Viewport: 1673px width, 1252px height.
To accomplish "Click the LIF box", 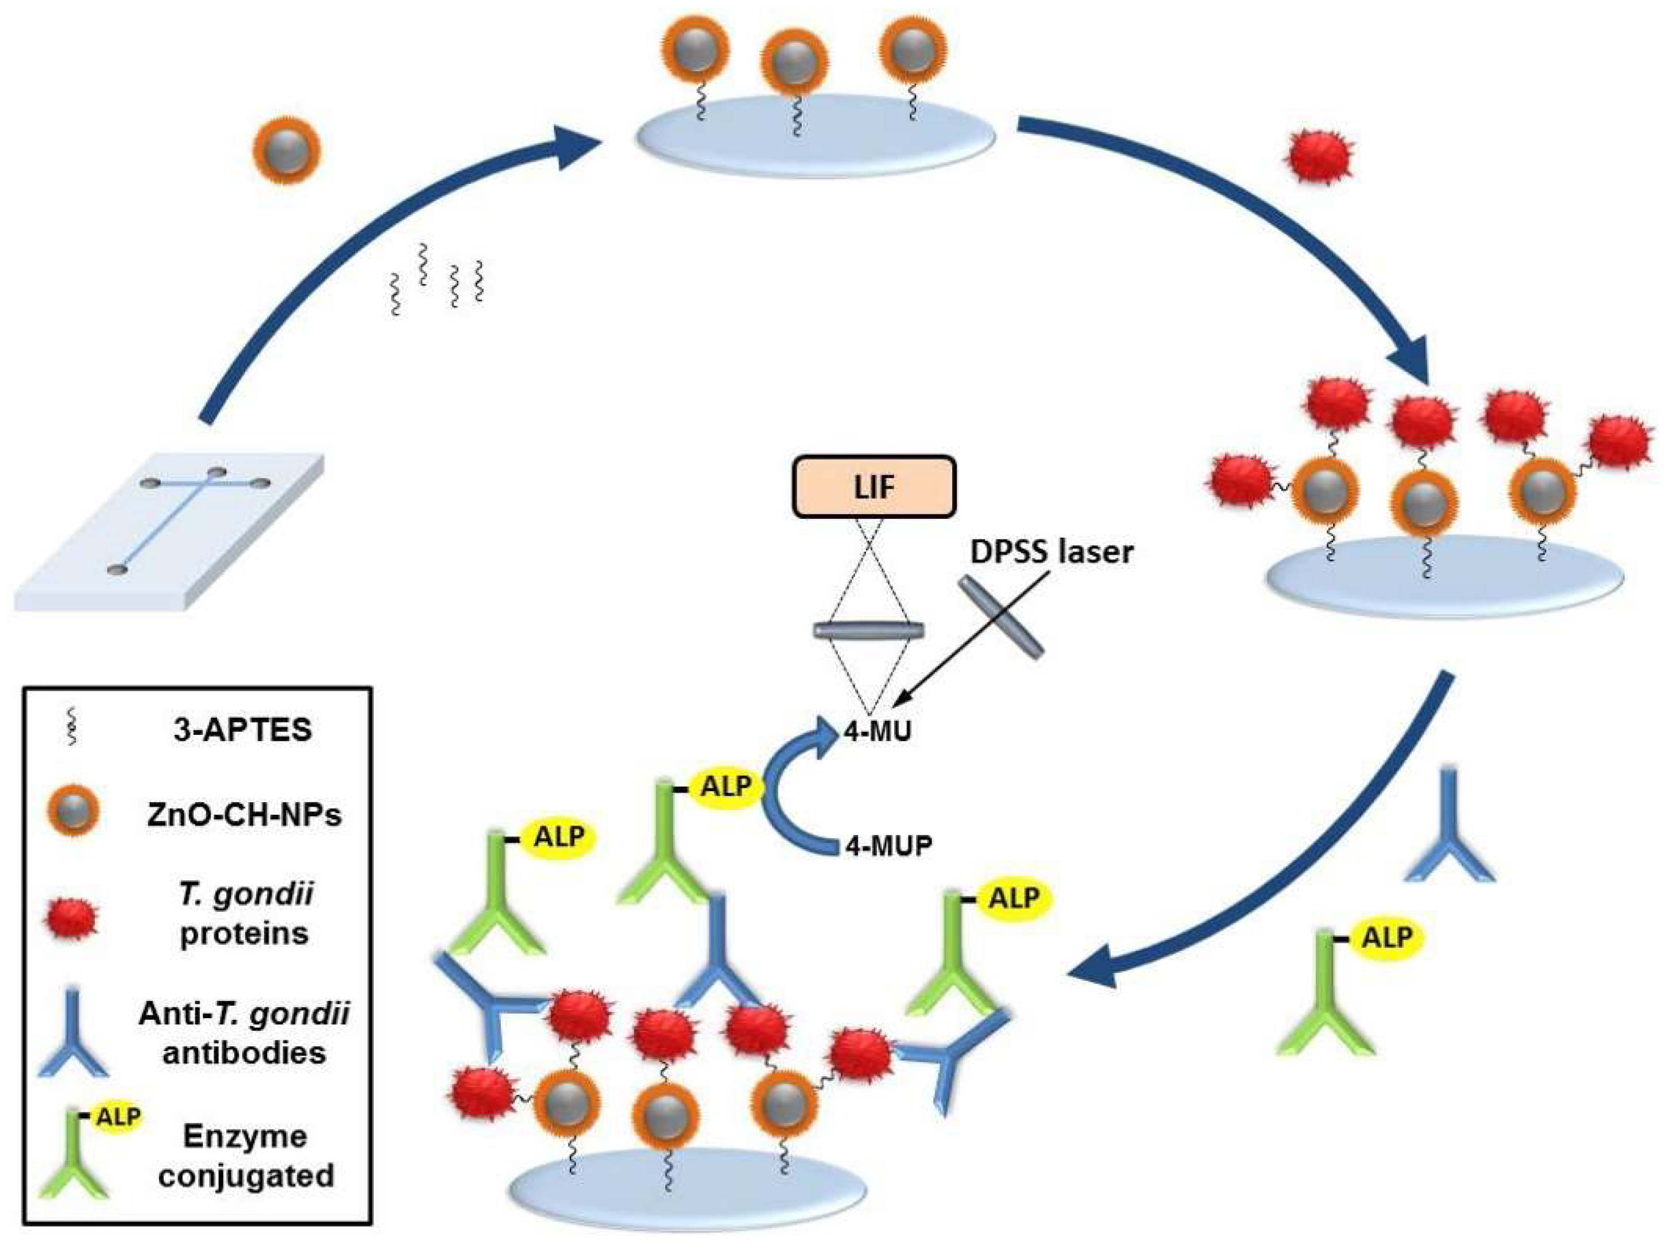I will tap(874, 487).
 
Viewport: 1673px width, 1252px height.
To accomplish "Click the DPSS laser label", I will tap(1052, 552).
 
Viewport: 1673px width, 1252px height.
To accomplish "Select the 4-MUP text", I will tap(888, 845).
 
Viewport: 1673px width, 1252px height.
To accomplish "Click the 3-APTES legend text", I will tap(242, 730).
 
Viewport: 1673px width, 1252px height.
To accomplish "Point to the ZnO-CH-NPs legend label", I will tap(244, 815).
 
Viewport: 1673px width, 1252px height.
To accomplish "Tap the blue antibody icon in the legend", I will tap(74, 1033).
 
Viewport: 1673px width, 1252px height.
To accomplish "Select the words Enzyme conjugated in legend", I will tap(245, 1156).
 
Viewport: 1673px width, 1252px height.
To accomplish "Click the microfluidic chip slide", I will tap(170, 530).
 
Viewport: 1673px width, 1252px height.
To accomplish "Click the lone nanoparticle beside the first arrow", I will tap(286, 149).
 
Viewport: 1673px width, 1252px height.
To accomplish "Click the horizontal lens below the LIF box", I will tap(869, 630).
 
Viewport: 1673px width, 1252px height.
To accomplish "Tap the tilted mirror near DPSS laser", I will tap(1002, 616).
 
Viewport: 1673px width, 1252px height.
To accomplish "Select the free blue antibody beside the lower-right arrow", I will tap(1448, 836).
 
